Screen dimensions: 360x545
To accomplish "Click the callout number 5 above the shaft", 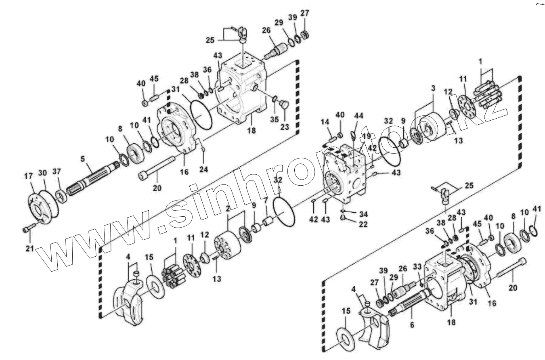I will click(x=83, y=159).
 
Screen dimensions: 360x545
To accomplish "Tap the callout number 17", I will click(x=28, y=176).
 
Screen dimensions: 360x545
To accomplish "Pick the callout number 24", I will click(x=203, y=170).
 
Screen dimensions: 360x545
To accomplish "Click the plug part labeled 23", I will click(x=284, y=105).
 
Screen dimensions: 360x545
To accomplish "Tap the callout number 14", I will click(x=325, y=122).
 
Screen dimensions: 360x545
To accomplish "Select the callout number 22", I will click(x=363, y=224).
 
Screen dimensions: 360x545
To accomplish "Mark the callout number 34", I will click(x=363, y=213).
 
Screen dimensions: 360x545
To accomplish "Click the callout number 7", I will click(x=265, y=201).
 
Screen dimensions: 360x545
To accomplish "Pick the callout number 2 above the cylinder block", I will click(x=228, y=208).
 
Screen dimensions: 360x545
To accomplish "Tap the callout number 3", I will click(x=432, y=88).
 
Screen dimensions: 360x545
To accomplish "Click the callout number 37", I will click(x=57, y=172).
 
